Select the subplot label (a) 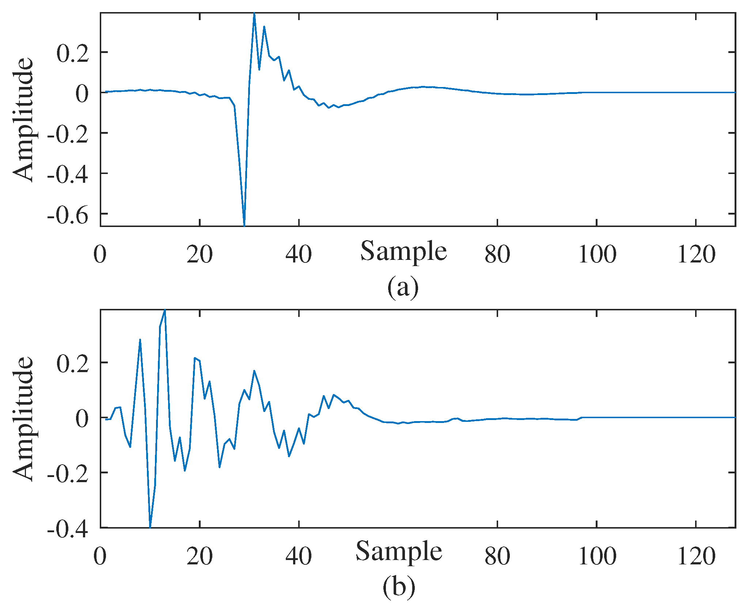pyautogui.click(x=403, y=287)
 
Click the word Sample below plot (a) pyautogui.click(x=403, y=251)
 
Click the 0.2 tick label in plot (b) pyautogui.click(x=73, y=364)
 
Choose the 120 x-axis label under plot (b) pyautogui.click(x=696, y=556)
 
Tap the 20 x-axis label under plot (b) pyautogui.click(x=200, y=556)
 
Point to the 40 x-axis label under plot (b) pyautogui.click(x=299, y=556)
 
